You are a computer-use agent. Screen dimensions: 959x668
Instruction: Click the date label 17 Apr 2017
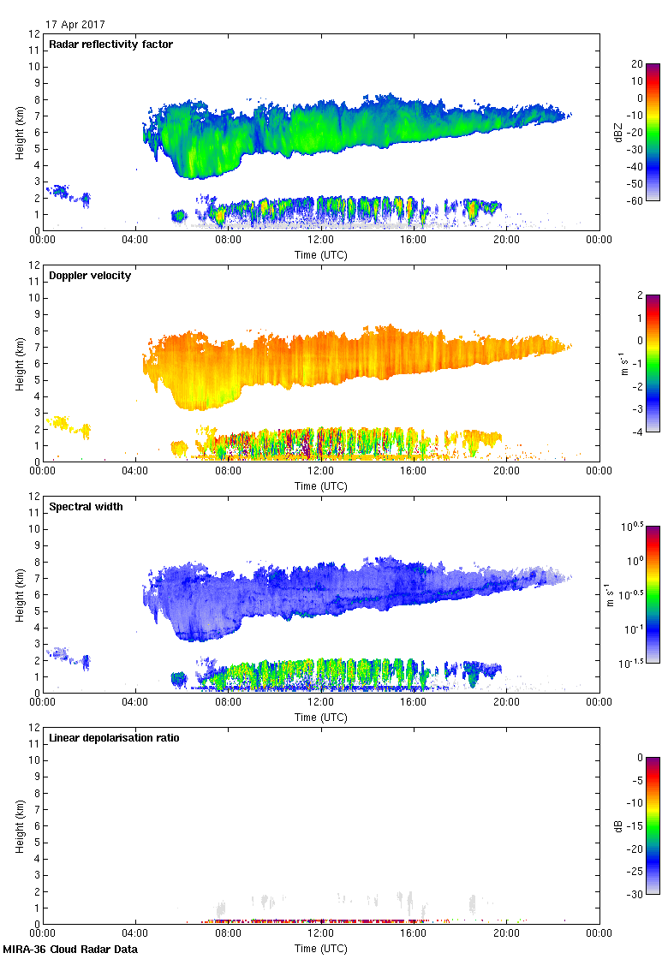coord(76,25)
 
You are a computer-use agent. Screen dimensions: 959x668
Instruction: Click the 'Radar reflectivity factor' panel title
coord(111,45)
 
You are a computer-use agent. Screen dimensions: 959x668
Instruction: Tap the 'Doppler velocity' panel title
coord(90,276)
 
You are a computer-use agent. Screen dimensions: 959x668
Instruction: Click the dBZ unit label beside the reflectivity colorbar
coord(618,131)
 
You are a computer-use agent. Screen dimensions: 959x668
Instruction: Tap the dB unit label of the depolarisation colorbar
coord(618,825)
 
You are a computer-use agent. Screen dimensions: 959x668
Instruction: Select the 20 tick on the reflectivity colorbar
coord(637,64)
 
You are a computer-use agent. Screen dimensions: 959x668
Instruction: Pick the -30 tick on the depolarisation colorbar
coord(635,894)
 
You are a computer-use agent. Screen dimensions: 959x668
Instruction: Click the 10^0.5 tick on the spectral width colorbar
coord(637,526)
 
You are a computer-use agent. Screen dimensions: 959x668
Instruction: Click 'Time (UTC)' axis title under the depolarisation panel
coord(321,949)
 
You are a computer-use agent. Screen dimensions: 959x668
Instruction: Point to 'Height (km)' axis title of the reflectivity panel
coord(19,132)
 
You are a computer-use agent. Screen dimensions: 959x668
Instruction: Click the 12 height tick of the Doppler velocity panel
coord(34,265)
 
